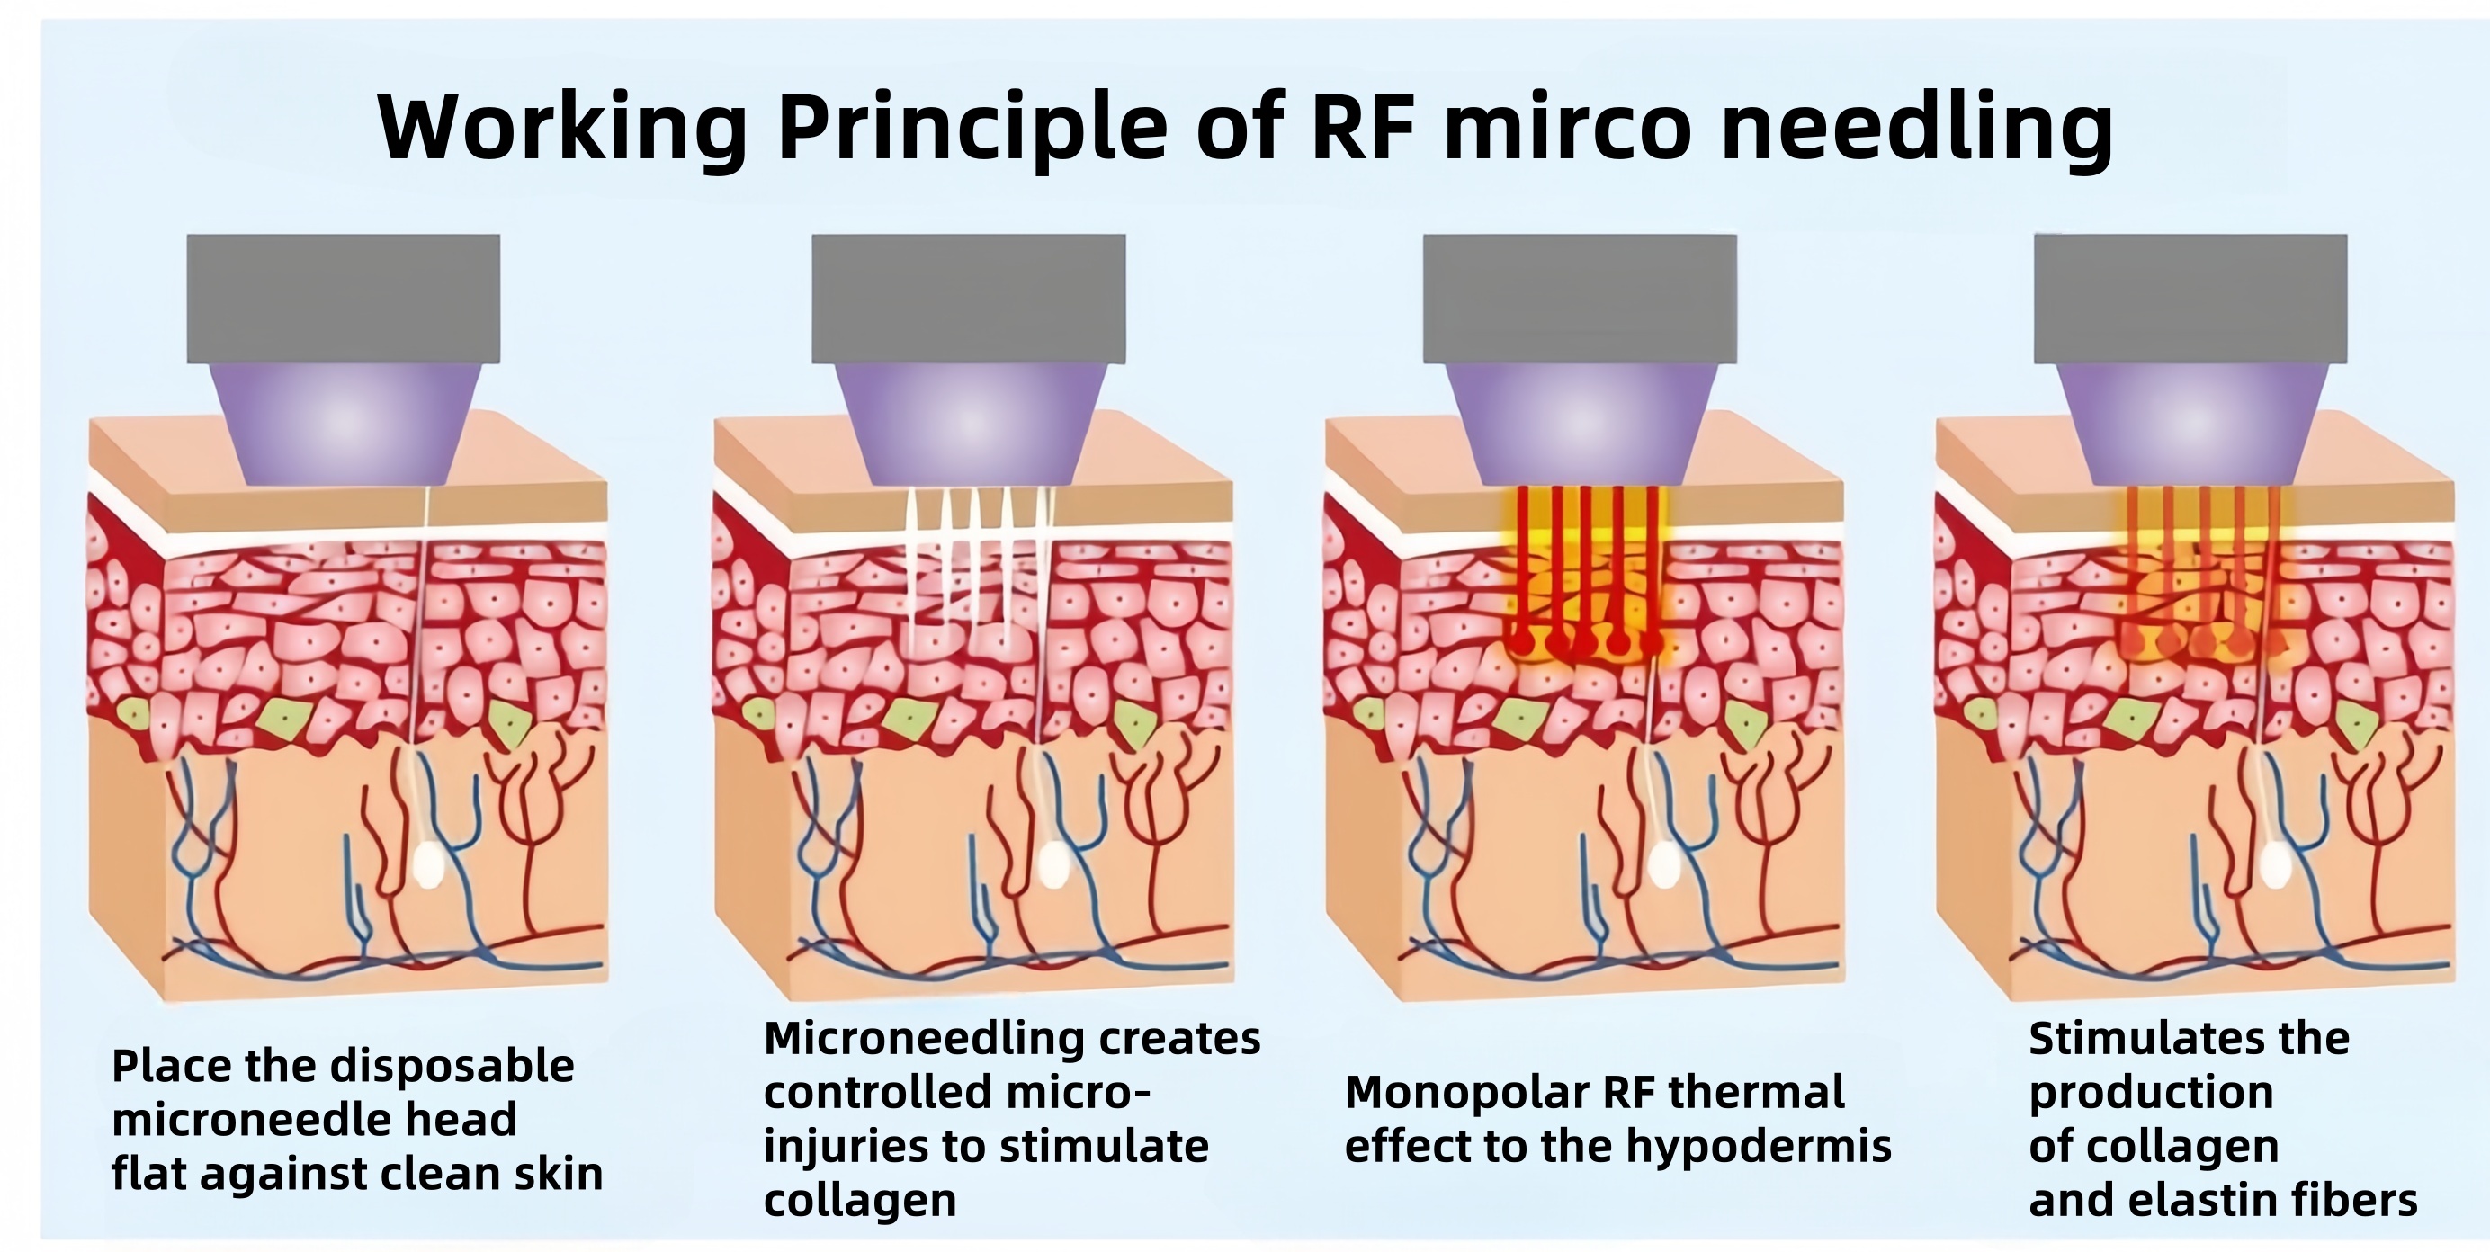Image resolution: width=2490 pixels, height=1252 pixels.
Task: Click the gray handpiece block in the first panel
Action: coord(343,298)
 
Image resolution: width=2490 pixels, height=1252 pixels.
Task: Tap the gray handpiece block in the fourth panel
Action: coord(2190,298)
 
